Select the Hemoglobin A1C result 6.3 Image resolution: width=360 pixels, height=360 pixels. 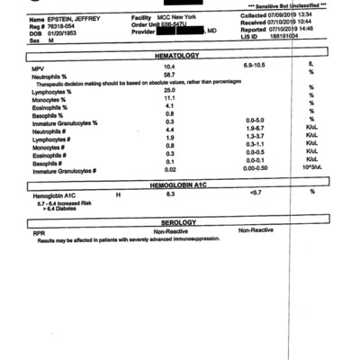[x=169, y=193]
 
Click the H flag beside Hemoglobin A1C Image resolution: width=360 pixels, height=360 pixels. [x=118, y=193]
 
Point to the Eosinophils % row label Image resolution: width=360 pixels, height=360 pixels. [x=49, y=106]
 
